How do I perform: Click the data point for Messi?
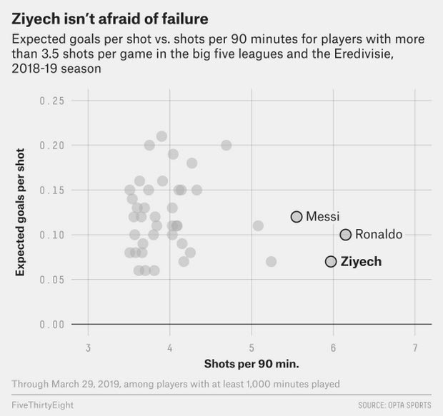coord(297,216)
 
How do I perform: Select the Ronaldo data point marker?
coord(346,234)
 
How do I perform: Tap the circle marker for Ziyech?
coord(331,261)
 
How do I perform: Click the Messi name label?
coord(322,216)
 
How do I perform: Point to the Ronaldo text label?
coord(378,234)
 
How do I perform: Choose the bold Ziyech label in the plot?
coord(360,261)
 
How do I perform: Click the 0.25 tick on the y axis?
coord(53,101)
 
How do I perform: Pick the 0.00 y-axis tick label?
coord(53,325)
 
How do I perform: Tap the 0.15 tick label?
coord(53,191)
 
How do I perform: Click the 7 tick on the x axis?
coord(415,348)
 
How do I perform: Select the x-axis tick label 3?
coord(88,348)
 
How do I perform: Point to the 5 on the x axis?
coord(252,348)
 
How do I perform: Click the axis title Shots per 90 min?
coord(252,364)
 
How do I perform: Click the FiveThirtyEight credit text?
coord(42,405)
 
